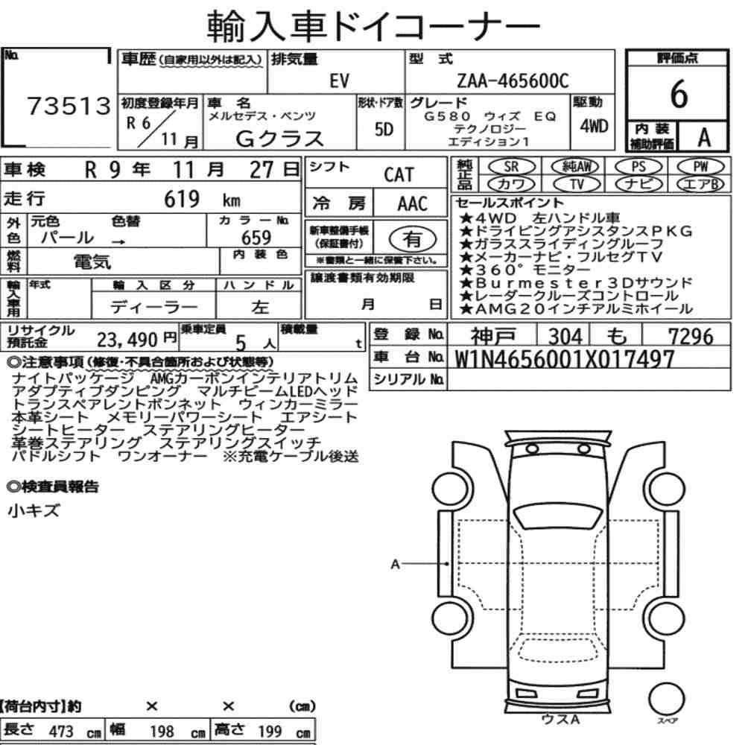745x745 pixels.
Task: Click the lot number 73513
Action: point(69,106)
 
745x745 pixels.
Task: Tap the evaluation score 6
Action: point(679,94)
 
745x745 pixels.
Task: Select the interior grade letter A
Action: point(704,138)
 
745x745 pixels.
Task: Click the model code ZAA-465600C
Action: point(513,80)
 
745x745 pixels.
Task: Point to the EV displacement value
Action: point(339,81)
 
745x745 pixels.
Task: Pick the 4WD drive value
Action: point(594,127)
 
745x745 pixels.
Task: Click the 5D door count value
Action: point(384,129)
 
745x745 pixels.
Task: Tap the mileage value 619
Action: point(182,199)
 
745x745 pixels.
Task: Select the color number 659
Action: point(256,238)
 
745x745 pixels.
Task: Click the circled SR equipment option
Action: point(511,167)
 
